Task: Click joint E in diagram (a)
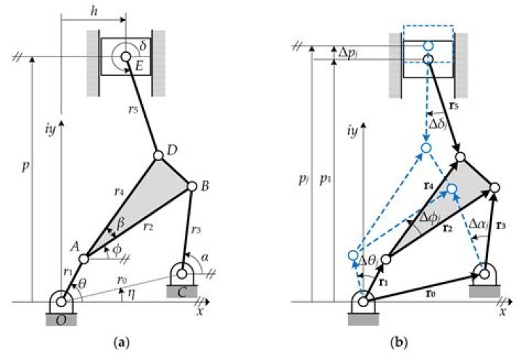(126, 56)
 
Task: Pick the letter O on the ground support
(60, 317)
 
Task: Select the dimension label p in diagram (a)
(24, 164)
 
